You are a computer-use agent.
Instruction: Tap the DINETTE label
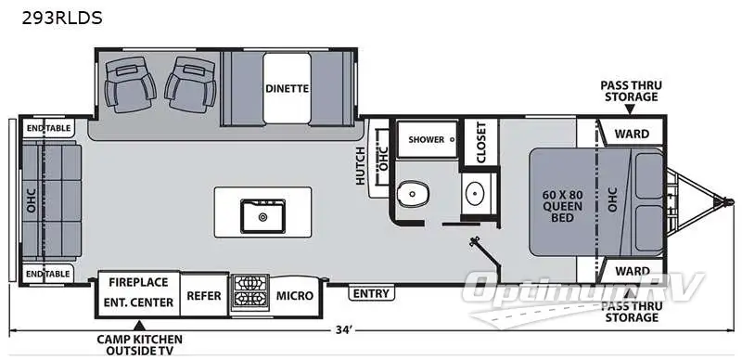(287, 89)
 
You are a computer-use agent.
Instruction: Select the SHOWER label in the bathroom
(426, 140)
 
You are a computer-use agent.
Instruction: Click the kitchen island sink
(262, 216)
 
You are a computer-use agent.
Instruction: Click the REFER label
(203, 296)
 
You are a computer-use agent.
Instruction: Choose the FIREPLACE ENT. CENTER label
(140, 291)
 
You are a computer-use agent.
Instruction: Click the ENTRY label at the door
(372, 294)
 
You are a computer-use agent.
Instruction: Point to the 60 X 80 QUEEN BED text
(562, 206)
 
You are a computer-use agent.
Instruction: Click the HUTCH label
(361, 166)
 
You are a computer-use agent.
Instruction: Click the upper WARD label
(632, 134)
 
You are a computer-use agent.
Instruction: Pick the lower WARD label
(632, 272)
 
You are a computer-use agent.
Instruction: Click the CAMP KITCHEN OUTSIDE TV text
(139, 344)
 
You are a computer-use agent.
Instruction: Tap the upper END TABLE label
(48, 128)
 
